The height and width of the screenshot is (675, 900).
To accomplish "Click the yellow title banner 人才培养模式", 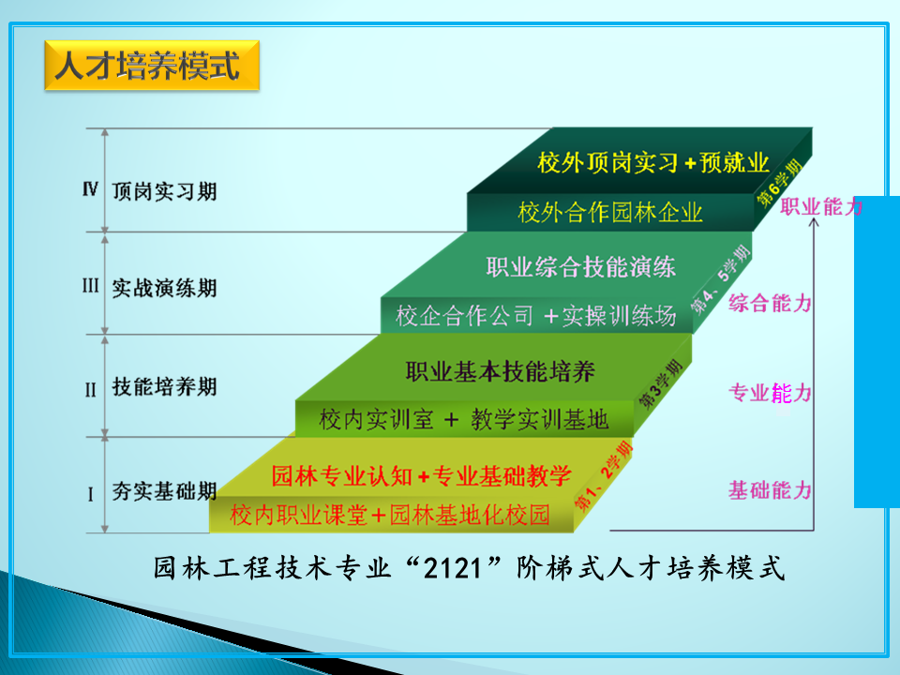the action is (152, 66).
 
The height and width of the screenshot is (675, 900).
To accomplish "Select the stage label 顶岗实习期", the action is (165, 191).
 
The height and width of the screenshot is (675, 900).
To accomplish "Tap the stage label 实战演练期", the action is (165, 288).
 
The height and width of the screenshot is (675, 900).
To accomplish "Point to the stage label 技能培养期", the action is (165, 386).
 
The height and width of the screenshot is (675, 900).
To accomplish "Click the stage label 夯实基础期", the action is (165, 490).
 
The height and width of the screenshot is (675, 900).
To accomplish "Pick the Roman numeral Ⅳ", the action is (90, 188).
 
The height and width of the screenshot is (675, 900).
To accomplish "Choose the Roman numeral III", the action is (90, 285).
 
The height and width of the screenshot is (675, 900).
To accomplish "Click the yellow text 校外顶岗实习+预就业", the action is (653, 162).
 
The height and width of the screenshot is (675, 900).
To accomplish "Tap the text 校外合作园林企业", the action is (610, 212).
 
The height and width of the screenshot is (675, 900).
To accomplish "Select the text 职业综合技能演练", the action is (581, 267).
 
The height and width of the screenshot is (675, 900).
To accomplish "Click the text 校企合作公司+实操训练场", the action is (536, 316).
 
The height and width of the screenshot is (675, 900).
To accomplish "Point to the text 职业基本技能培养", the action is (500, 371).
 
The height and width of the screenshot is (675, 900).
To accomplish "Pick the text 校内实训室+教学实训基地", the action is (464, 420).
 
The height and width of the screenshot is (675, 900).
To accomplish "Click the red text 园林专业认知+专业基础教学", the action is (421, 476).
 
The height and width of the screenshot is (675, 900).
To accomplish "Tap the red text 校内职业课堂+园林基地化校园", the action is (390, 515).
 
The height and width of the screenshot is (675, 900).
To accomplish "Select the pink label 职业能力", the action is (822, 206).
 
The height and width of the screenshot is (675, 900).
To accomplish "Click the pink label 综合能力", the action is (771, 303).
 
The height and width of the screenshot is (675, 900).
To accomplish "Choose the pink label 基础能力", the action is (771, 490).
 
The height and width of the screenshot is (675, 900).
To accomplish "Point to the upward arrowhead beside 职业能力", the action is (814, 222).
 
